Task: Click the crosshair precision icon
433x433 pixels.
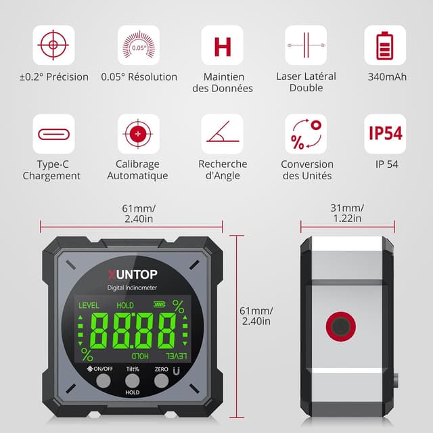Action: (53, 45)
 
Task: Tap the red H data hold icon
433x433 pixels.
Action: (222, 46)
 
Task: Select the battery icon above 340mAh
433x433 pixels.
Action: (385, 45)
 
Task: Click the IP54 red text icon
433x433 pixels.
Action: (385, 133)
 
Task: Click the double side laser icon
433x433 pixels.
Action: (306, 45)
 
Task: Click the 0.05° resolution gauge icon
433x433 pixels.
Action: (138, 45)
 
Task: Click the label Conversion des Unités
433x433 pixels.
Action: (306, 170)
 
